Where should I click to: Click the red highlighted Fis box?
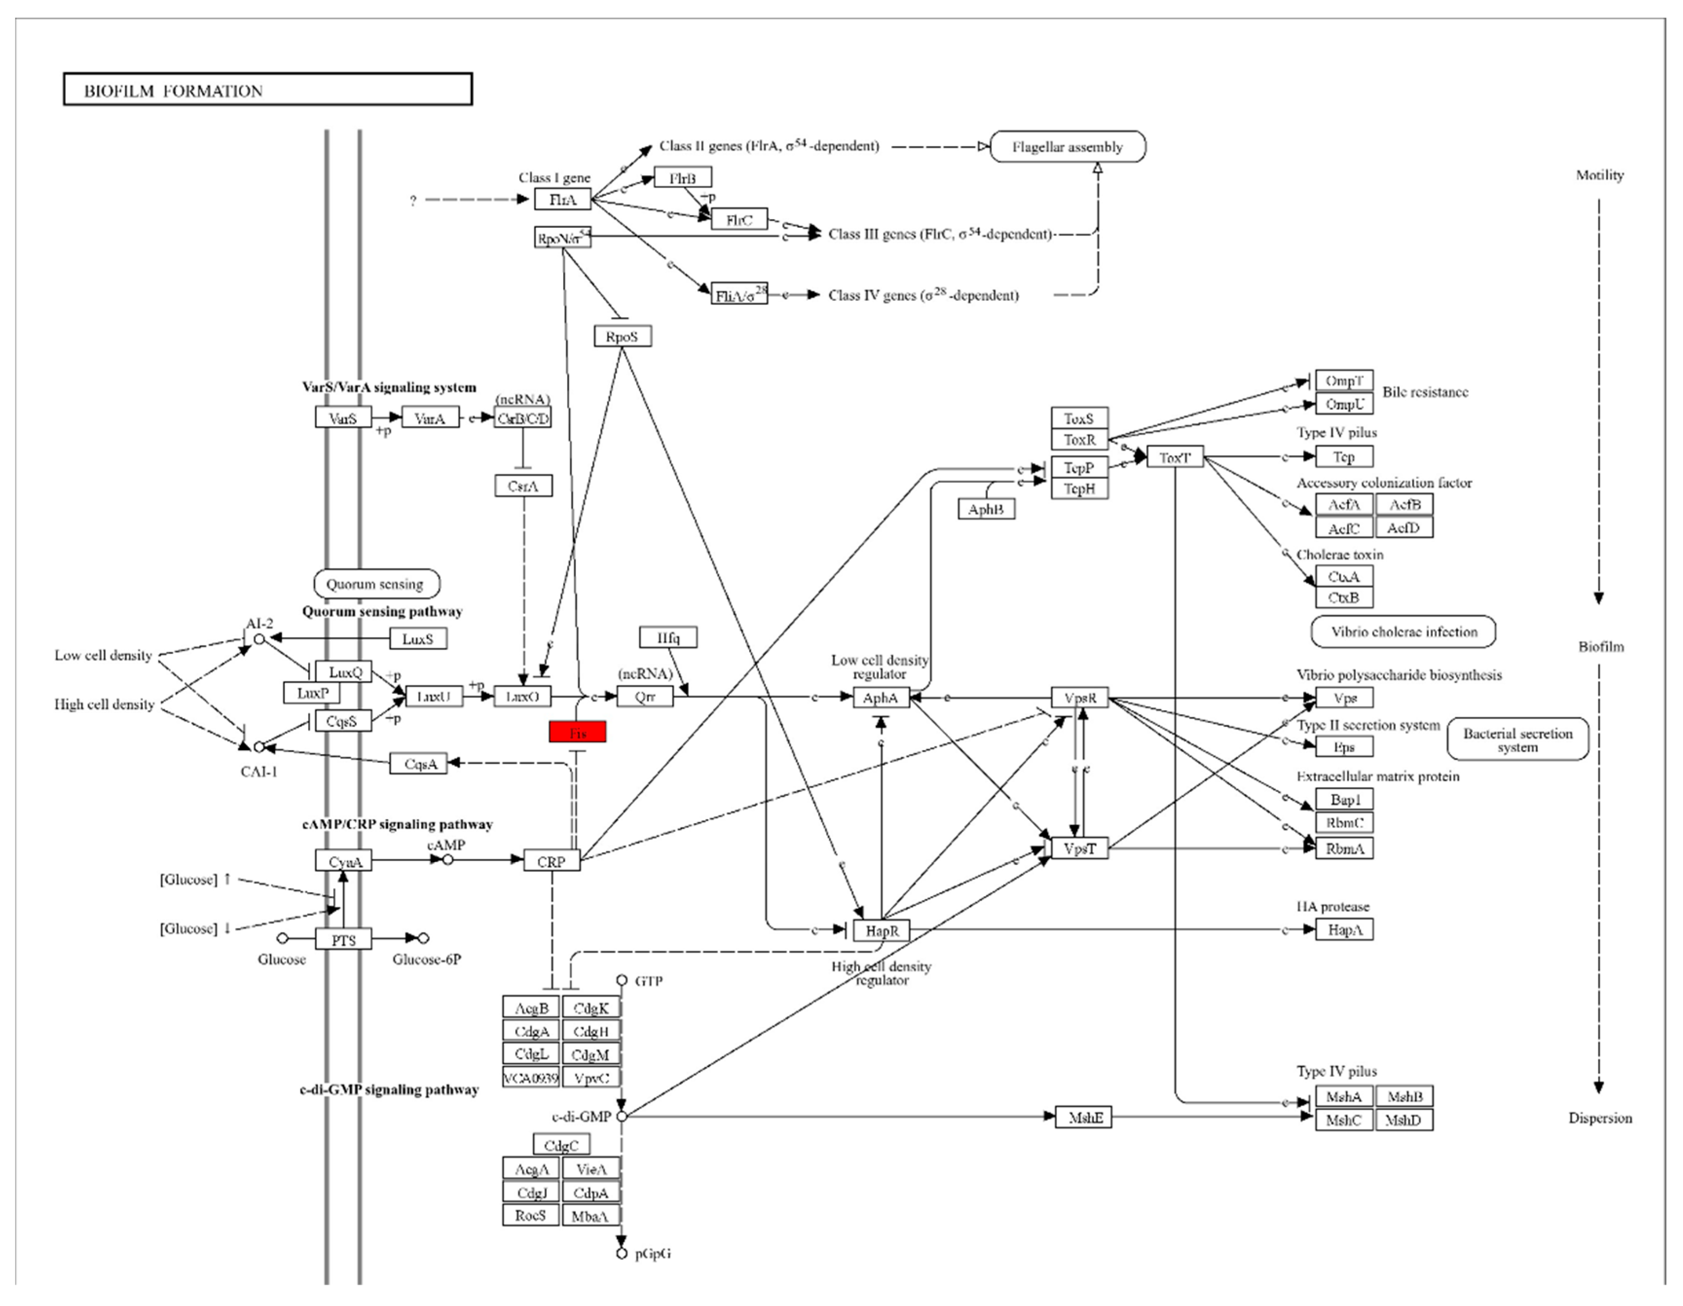pyautogui.click(x=577, y=732)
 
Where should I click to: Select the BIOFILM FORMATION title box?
pyautogui.click(x=267, y=90)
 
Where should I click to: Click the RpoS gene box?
pyautogui.click(x=622, y=336)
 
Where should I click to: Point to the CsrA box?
pyautogui.click(x=523, y=485)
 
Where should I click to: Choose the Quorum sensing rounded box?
pyautogui.click(x=376, y=584)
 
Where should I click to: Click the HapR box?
pyautogui.click(x=881, y=930)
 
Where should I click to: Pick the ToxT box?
pyautogui.click(x=1174, y=457)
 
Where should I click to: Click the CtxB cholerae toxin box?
pyautogui.click(x=1343, y=597)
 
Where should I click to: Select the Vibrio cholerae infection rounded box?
pyautogui.click(x=1403, y=632)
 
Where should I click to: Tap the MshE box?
pyautogui.click(x=1083, y=1117)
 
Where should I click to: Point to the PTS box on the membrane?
pyautogui.click(x=344, y=939)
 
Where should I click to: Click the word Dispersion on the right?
pyautogui.click(x=1600, y=1118)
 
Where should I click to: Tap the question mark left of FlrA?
pyautogui.click(x=413, y=201)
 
